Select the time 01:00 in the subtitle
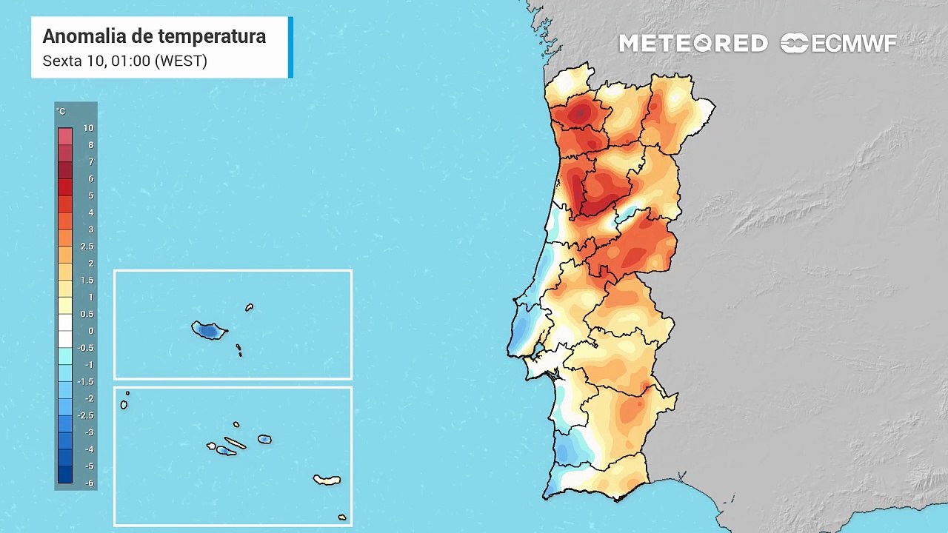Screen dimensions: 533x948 (130, 61)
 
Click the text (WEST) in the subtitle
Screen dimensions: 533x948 (181, 61)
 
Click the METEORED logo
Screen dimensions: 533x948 (693, 44)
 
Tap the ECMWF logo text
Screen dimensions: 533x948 (854, 44)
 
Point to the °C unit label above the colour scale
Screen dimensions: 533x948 (61, 112)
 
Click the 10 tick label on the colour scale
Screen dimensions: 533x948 (88, 128)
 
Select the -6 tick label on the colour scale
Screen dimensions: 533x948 (88, 483)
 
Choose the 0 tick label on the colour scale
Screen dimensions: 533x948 (91, 331)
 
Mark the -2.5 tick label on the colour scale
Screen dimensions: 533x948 (87, 416)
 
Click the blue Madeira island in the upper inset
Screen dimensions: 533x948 (209, 330)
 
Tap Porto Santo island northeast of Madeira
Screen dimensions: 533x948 (250, 307)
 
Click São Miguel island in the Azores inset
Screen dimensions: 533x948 (327, 480)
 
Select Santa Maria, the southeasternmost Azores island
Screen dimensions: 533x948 (342, 517)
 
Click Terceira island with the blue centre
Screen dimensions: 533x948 (264, 439)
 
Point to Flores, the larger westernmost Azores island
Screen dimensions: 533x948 (124, 404)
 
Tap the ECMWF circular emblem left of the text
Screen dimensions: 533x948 (794, 44)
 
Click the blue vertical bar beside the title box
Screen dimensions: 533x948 (290, 47)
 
